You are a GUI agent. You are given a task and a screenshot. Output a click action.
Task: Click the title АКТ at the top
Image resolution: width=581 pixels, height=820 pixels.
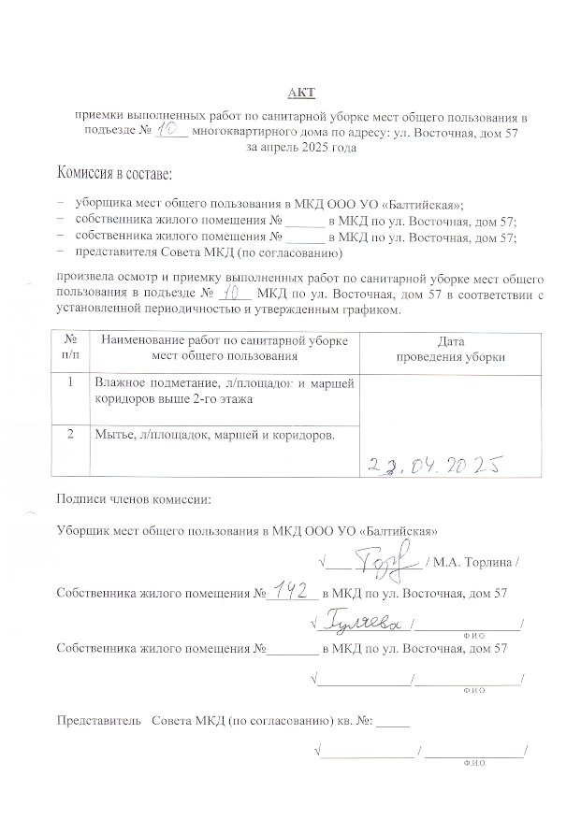pyautogui.click(x=301, y=92)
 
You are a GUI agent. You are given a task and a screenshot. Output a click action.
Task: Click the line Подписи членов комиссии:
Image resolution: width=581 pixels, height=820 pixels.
pyautogui.click(x=134, y=499)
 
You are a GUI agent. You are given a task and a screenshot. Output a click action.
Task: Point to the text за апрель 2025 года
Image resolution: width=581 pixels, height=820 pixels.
pyautogui.click(x=300, y=148)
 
